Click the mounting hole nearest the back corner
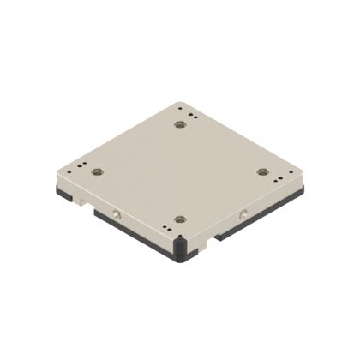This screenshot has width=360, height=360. pos(179,125)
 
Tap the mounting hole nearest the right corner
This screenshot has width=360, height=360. pos(263,171)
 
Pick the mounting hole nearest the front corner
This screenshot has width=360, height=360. pos(178,219)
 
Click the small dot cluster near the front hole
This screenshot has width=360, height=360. pos(167,229)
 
